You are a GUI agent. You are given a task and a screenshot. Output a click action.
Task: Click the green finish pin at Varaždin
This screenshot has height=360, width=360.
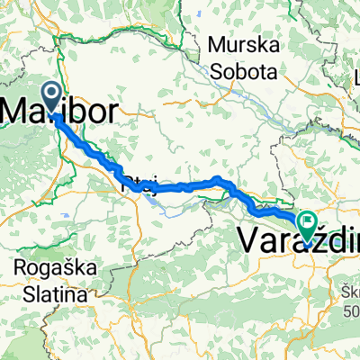(309, 225)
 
